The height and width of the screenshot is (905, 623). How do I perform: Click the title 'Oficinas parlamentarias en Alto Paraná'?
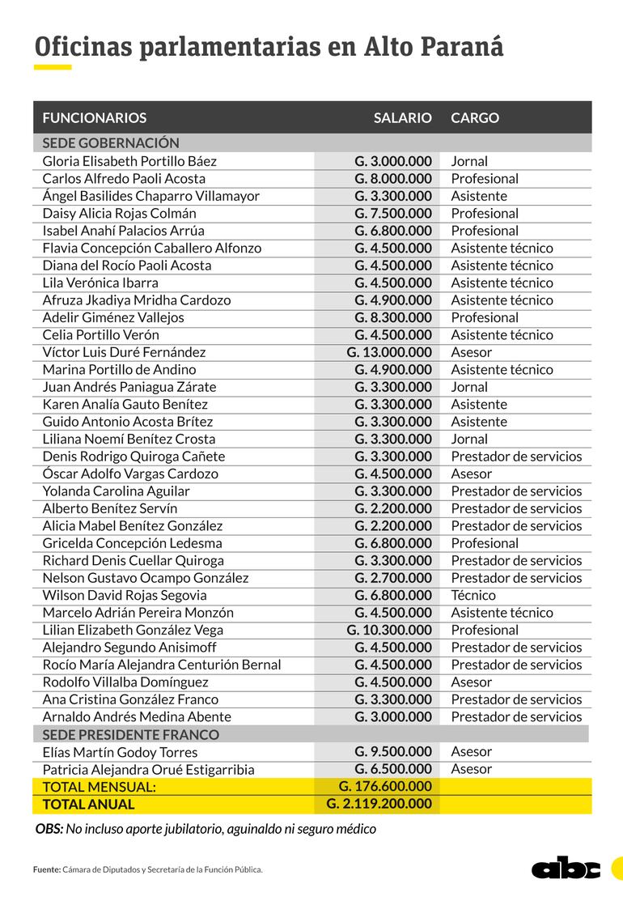(269, 47)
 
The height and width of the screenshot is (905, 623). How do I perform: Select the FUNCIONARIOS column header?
(94, 118)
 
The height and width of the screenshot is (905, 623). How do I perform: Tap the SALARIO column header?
(402, 118)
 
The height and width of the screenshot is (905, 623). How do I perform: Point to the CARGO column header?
(475, 118)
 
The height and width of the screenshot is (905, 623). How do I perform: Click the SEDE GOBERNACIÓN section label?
(110, 142)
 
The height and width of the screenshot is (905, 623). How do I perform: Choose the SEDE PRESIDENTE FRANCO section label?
(130, 734)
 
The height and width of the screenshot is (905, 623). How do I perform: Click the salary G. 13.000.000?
(389, 352)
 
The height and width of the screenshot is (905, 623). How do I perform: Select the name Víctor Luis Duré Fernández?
(124, 352)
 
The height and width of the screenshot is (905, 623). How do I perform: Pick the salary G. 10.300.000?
(389, 630)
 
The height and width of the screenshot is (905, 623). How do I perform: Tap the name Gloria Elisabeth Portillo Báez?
(129, 161)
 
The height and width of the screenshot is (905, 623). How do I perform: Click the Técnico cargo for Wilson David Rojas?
(473, 595)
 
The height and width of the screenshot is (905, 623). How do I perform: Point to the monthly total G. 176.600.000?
(385, 786)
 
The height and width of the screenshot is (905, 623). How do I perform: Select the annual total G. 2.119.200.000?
(379, 804)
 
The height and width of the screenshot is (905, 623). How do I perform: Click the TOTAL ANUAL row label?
(88, 805)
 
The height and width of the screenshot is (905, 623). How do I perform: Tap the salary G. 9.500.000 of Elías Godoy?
(392, 752)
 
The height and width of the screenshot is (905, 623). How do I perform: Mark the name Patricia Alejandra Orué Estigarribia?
(148, 769)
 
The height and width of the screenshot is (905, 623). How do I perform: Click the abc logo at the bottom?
(566, 868)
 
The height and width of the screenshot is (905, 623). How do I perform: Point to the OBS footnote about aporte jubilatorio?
(206, 829)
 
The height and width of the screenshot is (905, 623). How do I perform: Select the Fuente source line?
(148, 869)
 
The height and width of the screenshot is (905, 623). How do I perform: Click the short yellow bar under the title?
(53, 67)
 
